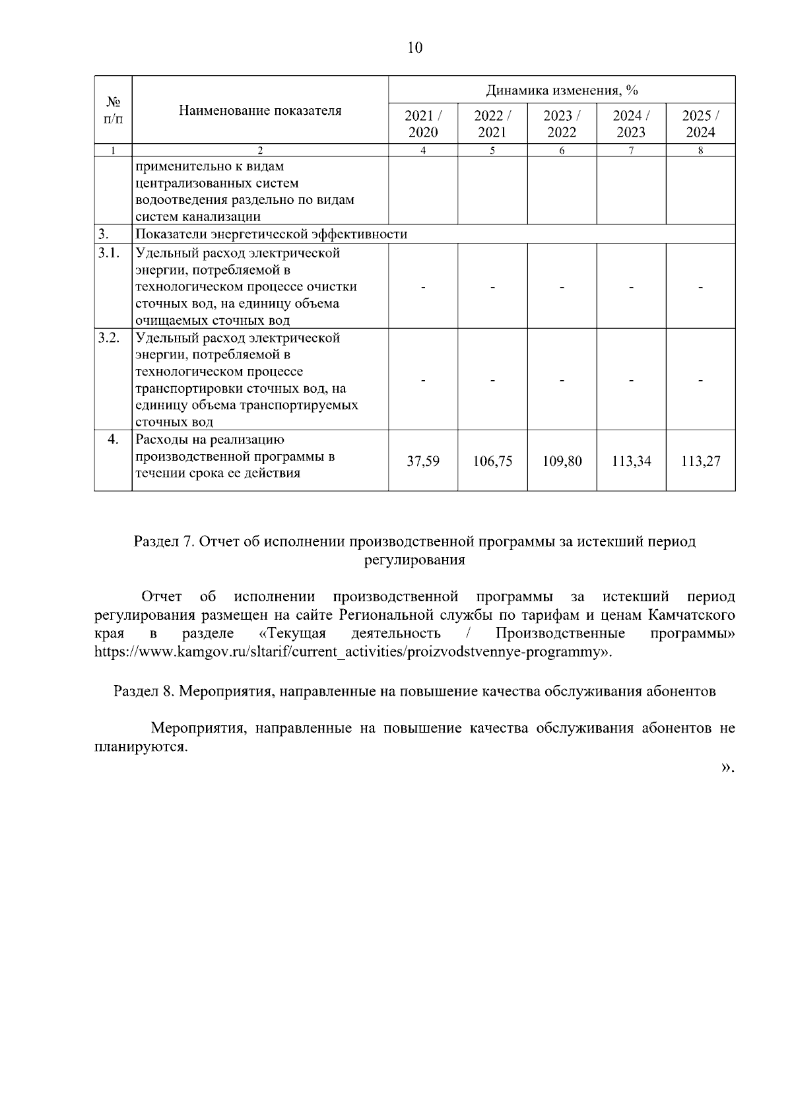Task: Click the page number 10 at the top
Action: click(415, 48)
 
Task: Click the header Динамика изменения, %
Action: click(562, 90)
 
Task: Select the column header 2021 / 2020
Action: click(423, 123)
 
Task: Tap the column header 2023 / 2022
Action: click(562, 123)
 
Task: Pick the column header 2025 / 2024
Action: click(700, 123)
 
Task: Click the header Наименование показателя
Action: click(260, 110)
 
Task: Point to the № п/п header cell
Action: click(113, 110)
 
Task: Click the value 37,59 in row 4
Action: click(423, 461)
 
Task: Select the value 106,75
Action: click(492, 461)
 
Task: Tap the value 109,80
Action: click(562, 461)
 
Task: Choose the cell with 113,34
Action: click(631, 461)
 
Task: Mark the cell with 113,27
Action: click(700, 461)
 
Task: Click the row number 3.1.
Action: click(109, 253)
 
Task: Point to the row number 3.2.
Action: click(109, 338)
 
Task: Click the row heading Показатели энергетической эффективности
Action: click(271, 234)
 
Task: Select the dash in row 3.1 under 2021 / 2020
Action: click(423, 287)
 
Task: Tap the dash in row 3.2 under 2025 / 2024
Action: click(700, 380)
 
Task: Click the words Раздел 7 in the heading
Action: click(162, 542)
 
